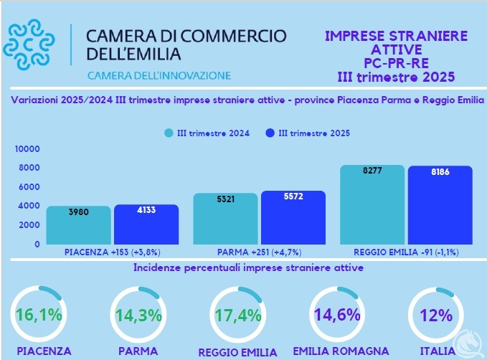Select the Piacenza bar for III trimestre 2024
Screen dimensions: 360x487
[78, 225]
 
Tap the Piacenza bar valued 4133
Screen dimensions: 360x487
[146, 224]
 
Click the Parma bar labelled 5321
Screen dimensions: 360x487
[225, 219]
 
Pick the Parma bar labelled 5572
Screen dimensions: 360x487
[293, 217]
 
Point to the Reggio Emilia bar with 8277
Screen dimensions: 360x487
[372, 204]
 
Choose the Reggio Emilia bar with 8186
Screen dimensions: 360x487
[440, 205]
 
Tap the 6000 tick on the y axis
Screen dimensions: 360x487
[29, 187]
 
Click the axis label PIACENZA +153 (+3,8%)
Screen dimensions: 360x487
[112, 252]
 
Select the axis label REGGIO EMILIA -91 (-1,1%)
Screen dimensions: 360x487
[405, 252]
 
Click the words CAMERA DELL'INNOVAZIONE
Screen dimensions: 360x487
[159, 75]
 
